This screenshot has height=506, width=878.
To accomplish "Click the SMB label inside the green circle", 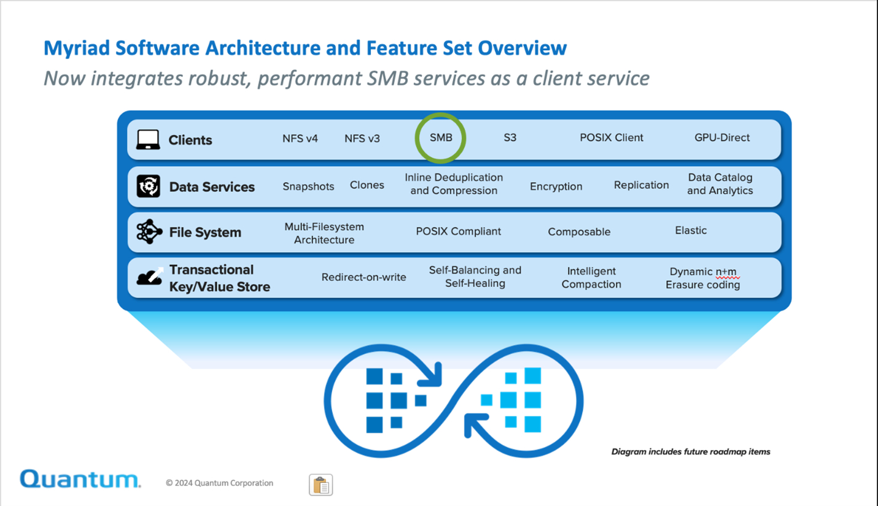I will coord(441,138).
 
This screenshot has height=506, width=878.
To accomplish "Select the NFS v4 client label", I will coord(300,139).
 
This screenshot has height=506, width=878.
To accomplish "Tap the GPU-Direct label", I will coord(722,138).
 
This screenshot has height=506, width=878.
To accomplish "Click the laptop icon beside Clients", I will coord(148,140).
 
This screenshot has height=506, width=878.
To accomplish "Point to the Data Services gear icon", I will coord(148,186).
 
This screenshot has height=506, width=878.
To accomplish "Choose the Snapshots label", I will coord(308,186).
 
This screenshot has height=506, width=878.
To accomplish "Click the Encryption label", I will coord(556,186).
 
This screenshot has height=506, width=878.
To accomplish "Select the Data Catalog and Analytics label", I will coord(720,184).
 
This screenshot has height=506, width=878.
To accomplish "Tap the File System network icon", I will coord(149,232).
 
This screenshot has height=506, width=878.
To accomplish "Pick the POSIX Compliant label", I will coord(458,231).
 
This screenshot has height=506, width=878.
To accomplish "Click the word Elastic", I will coord(691,231).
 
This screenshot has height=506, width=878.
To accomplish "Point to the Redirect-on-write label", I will coord(363,277).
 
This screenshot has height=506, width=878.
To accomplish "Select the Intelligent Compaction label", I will coord(591,277).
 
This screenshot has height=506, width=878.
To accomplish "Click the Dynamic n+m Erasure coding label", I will coord(703,278).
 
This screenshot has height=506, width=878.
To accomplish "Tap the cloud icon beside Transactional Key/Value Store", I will coord(150,277).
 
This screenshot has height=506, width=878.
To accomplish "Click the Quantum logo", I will coord(80,479).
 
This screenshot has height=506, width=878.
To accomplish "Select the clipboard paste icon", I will coord(321,485).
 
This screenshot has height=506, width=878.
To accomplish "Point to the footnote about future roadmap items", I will coord(691,452).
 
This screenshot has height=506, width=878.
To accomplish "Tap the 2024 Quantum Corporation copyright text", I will coord(220,483).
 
